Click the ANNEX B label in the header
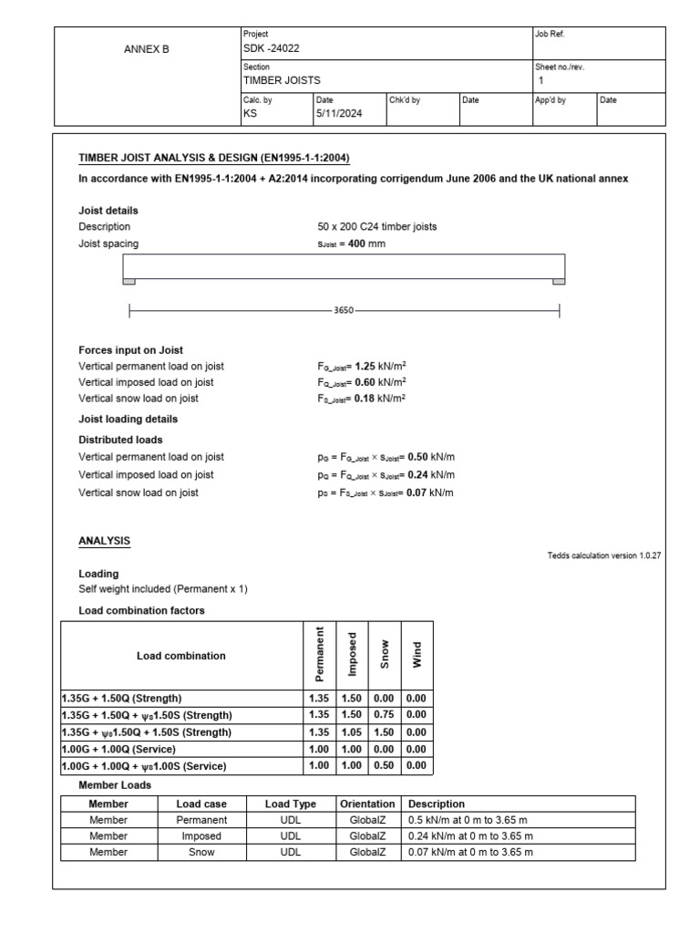[x=146, y=50]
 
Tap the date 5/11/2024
[x=335, y=114]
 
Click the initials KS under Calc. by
[x=249, y=114]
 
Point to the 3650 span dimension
[x=344, y=311]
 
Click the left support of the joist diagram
[x=129, y=282]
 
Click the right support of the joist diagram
[x=558, y=282]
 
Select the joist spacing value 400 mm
[x=344, y=244]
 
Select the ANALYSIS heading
[x=104, y=541]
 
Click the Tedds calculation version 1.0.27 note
[x=603, y=555]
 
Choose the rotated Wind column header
[x=417, y=656]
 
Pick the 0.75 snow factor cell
[x=384, y=714]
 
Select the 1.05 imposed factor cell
[x=351, y=732]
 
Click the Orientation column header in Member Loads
[x=367, y=804]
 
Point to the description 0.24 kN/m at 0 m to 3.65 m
[x=470, y=835]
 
